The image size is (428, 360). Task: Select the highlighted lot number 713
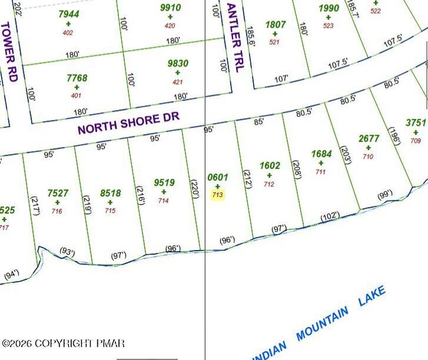pos(218,194)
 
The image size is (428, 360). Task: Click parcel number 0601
pos(218,177)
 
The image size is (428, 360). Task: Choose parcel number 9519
pos(164,183)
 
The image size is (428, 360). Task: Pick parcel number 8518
pos(111,193)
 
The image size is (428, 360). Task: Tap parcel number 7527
pos(58,193)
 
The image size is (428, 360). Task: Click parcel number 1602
pos(269,166)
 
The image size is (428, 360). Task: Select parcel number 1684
pos(321,154)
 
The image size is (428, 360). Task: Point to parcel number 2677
pos(369,138)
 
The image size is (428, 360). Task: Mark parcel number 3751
pos(416,123)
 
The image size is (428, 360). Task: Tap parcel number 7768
pos(77,78)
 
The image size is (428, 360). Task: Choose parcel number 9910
pos(171,8)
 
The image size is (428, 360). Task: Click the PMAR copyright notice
pos(64,343)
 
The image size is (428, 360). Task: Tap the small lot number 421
pos(178,82)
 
